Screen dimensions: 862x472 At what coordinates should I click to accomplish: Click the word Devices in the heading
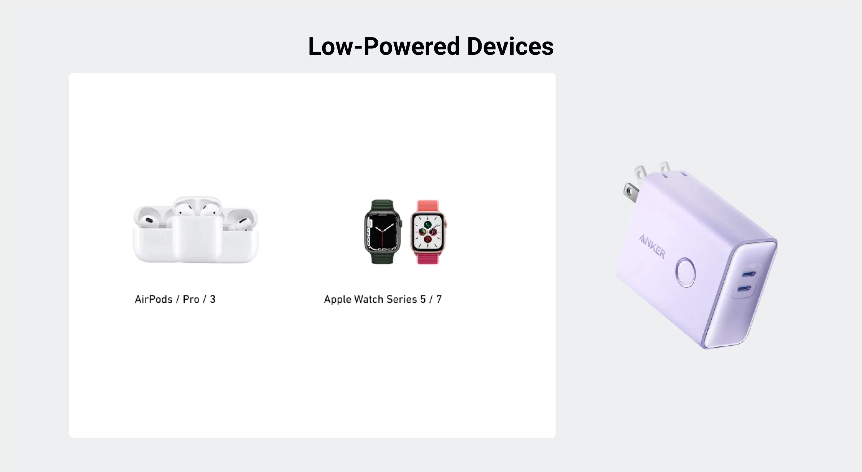coord(510,46)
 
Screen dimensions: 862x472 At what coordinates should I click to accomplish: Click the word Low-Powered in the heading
coord(384,46)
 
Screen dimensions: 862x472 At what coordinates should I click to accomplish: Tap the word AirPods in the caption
coord(154,299)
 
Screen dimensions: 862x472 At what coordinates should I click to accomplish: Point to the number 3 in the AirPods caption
coord(212,299)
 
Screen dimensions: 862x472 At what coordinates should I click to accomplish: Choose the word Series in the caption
coord(401,299)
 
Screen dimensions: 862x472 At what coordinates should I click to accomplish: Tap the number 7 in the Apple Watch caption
coord(439,299)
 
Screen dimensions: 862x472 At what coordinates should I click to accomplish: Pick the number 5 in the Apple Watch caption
coord(423,299)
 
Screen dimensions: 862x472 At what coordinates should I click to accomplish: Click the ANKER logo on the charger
coord(652,246)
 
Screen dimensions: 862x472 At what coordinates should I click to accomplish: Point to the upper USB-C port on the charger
coord(749,274)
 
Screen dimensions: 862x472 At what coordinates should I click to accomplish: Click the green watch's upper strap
coord(382,206)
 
